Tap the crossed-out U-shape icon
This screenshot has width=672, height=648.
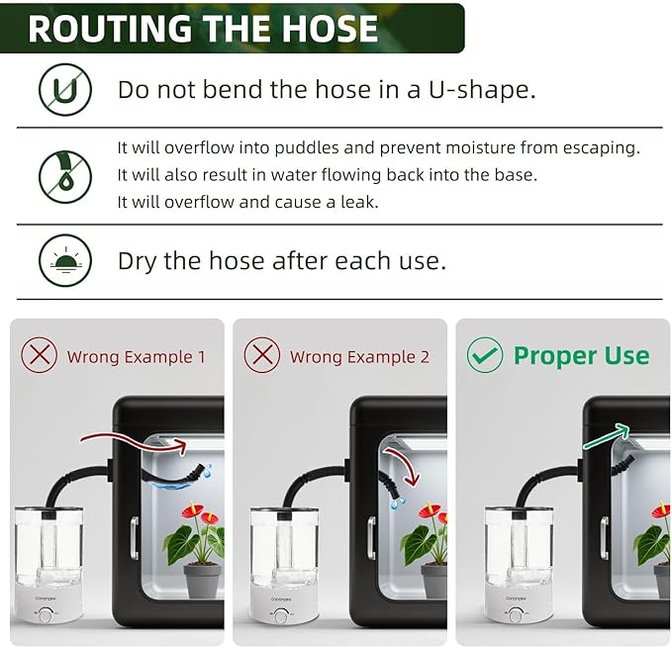click(x=65, y=89)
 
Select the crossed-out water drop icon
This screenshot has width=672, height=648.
click(x=65, y=176)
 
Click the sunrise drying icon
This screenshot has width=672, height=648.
click(x=65, y=260)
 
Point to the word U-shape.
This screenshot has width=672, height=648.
click(x=482, y=90)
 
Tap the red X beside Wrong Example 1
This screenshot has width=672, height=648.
click(x=39, y=355)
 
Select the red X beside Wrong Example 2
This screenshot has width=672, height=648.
click(x=262, y=355)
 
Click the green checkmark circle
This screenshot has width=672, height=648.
click(x=485, y=355)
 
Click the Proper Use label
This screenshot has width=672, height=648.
click(x=582, y=355)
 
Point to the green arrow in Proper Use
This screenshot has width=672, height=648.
click(x=606, y=436)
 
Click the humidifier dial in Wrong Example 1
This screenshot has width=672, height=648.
click(x=45, y=615)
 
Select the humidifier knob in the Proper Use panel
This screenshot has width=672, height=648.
click(x=516, y=615)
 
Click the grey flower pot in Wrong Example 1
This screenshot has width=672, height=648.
click(x=202, y=581)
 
